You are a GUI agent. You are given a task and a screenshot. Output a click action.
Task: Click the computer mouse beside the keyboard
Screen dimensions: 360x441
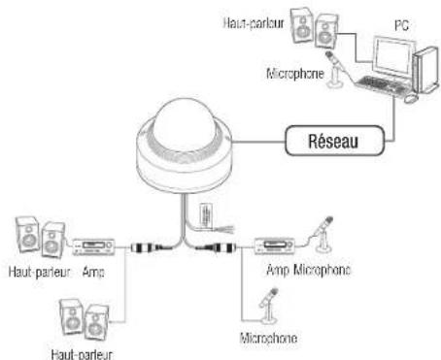point(411,98)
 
